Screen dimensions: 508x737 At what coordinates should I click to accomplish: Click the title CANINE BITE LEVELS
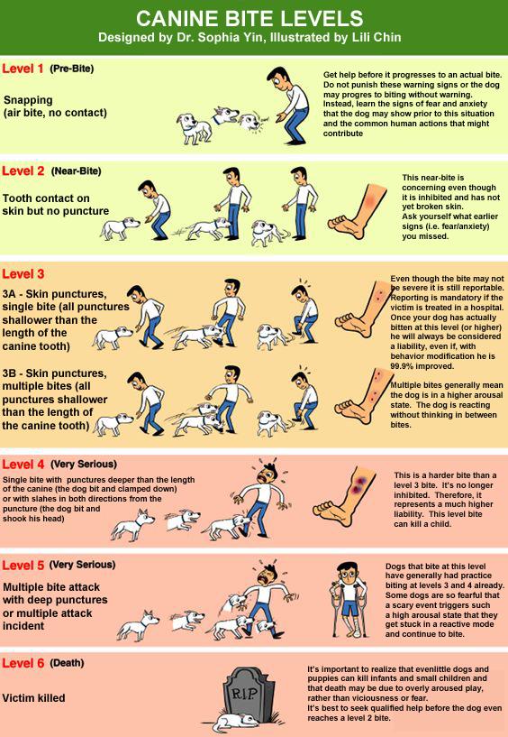[249, 18]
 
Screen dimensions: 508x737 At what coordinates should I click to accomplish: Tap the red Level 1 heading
[23, 69]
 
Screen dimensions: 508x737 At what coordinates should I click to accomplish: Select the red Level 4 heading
[23, 465]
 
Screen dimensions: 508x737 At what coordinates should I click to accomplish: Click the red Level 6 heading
[23, 663]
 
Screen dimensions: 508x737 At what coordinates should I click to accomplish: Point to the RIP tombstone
[249, 694]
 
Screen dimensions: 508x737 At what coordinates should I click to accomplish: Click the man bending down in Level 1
[288, 106]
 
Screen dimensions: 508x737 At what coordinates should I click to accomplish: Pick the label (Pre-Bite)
[72, 69]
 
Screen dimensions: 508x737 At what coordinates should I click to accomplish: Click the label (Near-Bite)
[76, 171]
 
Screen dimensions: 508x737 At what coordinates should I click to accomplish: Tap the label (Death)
[68, 663]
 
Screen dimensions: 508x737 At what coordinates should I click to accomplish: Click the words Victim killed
[34, 698]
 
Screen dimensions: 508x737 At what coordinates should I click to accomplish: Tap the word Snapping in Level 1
[28, 101]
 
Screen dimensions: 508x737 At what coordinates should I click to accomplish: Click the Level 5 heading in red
[23, 565]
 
